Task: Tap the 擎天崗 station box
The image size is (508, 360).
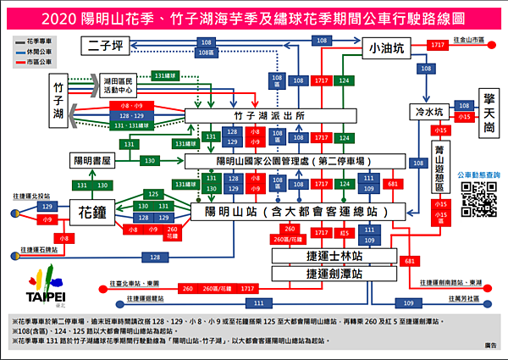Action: click(x=489, y=111)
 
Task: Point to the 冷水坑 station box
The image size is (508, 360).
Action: click(x=428, y=111)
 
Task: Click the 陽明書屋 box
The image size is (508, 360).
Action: click(x=92, y=160)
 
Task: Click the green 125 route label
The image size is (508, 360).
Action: click(x=153, y=194)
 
